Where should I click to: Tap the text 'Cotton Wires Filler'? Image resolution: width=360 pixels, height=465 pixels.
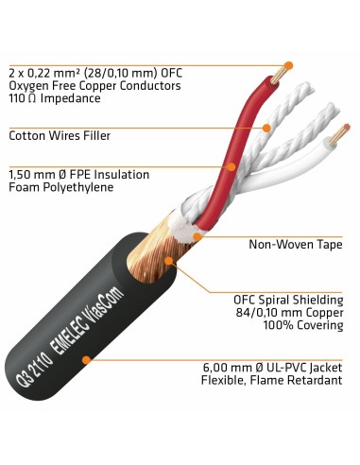(x=60, y=135)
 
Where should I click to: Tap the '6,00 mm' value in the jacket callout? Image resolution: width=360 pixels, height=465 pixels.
(x=227, y=368)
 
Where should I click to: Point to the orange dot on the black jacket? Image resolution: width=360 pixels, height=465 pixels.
(x=86, y=360)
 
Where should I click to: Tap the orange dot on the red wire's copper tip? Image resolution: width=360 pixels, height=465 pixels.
(x=288, y=66)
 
